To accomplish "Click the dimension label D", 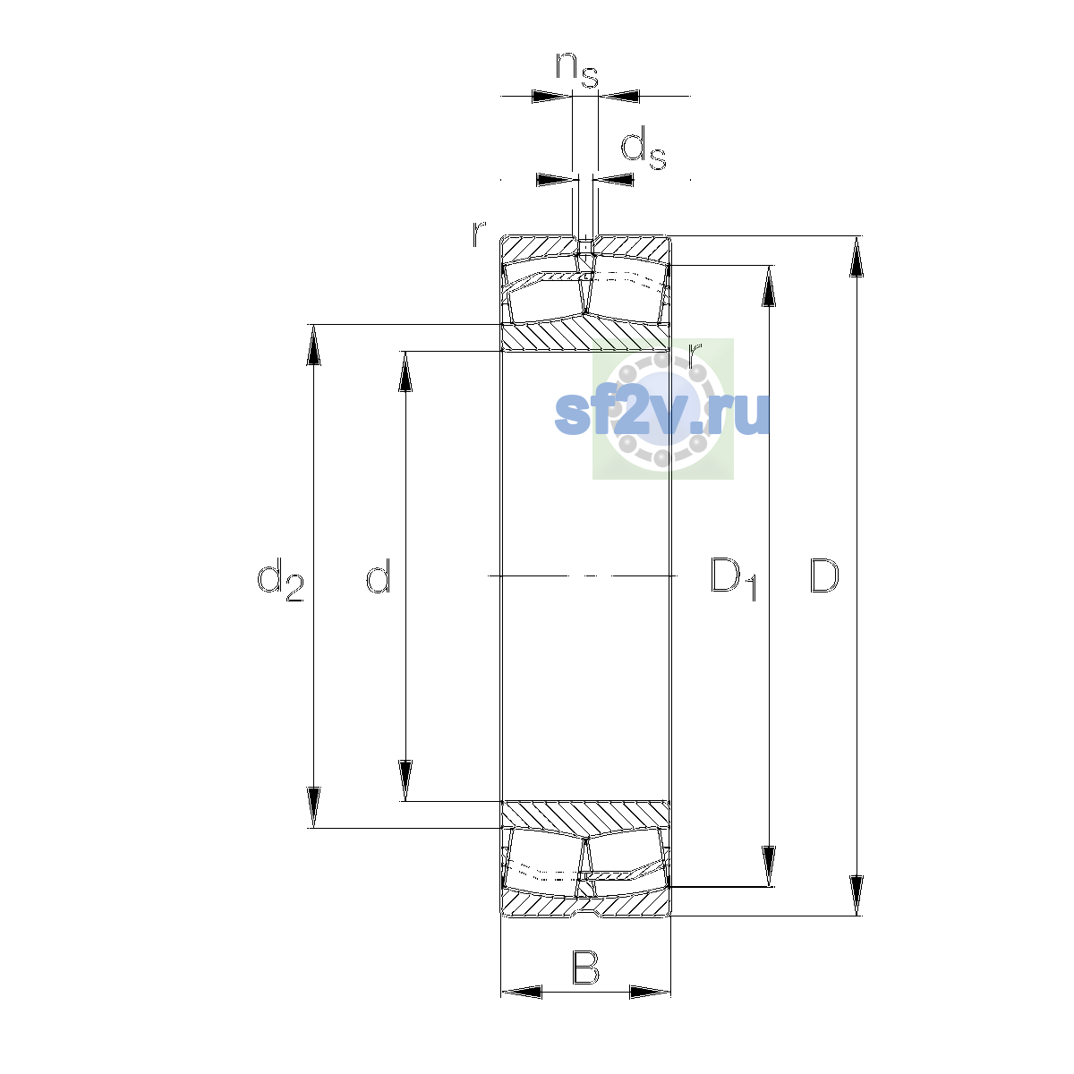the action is [x=823, y=575].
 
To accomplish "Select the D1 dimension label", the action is [x=734, y=578].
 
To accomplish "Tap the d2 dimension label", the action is [x=280, y=579].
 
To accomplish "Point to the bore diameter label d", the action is [x=379, y=575].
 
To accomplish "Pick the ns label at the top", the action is [x=577, y=70].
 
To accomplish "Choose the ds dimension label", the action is [x=644, y=149].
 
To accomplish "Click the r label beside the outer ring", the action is [x=479, y=234].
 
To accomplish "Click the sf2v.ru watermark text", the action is [x=662, y=413].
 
